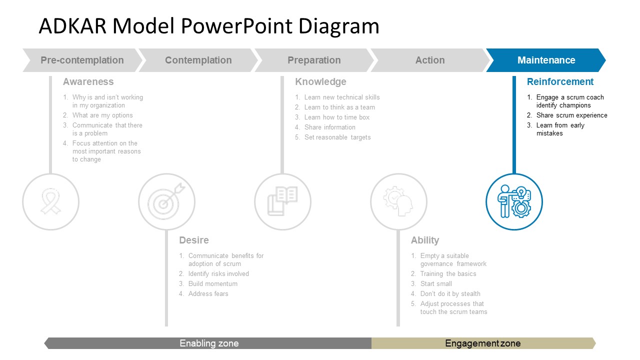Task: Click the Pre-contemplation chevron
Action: (82, 60)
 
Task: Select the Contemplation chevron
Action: (198, 60)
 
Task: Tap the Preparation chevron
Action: (314, 60)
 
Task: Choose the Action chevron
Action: (430, 60)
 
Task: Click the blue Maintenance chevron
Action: (546, 60)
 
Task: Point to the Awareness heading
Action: (88, 81)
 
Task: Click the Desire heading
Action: (194, 240)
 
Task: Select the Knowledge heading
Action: (320, 81)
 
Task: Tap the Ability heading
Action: (425, 240)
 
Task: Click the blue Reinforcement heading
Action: (560, 81)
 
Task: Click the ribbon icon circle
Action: (50, 202)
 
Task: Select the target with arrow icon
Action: (166, 202)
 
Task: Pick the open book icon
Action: (282, 202)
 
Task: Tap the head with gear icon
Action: (398, 202)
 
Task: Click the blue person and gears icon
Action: (514, 202)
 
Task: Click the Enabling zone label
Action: (209, 343)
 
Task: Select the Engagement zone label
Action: (482, 343)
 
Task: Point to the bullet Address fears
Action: (208, 293)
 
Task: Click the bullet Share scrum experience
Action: (571, 115)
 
